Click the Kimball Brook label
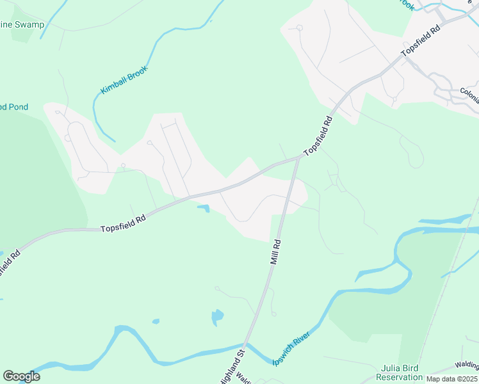[x=124, y=80]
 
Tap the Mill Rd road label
[x=276, y=252]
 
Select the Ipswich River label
[x=291, y=349]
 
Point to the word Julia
[x=392, y=368]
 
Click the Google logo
[x=21, y=376]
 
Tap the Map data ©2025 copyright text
[x=452, y=379]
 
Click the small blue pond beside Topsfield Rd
[x=204, y=208]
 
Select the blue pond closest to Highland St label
[x=218, y=316]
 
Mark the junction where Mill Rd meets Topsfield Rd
[x=298, y=157]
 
